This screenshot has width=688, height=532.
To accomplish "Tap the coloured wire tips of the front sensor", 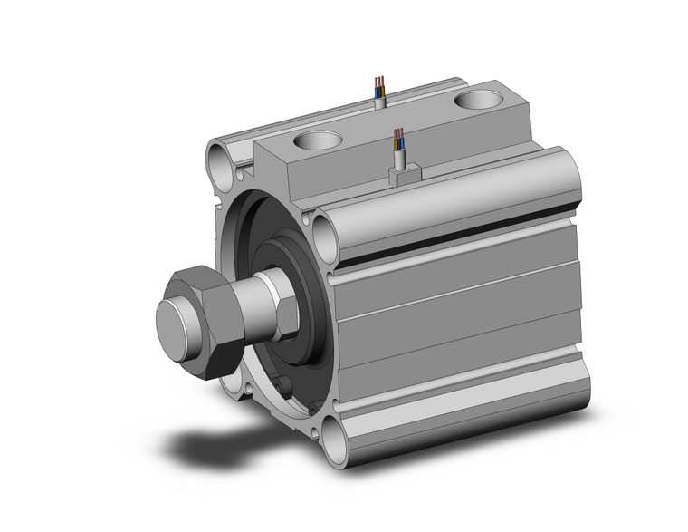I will tap(398, 138).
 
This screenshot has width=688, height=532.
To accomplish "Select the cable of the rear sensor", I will tap(379, 95).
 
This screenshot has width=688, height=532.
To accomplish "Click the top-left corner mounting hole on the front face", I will tap(219, 165).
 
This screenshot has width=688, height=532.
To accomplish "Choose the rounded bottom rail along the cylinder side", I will tap(462, 417).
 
